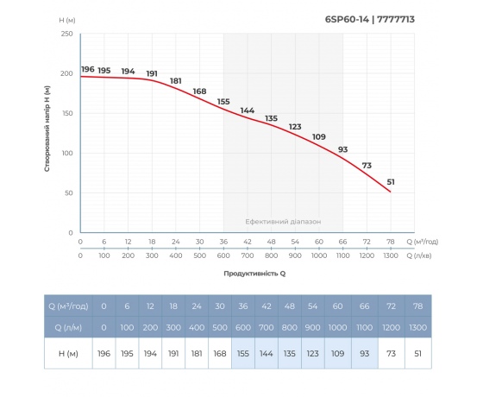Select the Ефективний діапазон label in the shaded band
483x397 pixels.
tap(283, 222)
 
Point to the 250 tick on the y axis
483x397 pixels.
tap(66, 34)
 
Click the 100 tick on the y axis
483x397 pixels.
tap(66, 153)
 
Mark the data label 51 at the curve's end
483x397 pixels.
tap(391, 181)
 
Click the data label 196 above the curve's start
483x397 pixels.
tap(87, 69)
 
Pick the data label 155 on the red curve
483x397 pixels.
tap(223, 102)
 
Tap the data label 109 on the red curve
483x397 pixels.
tap(318, 137)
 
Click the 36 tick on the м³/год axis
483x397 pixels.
tap(223, 242)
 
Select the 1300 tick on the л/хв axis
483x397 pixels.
tap(391, 256)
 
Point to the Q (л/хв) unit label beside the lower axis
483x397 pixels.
tap(426, 256)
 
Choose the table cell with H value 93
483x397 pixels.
tap(367, 355)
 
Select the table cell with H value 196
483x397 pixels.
tap(103, 355)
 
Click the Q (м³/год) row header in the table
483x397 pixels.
tap(66, 306)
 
